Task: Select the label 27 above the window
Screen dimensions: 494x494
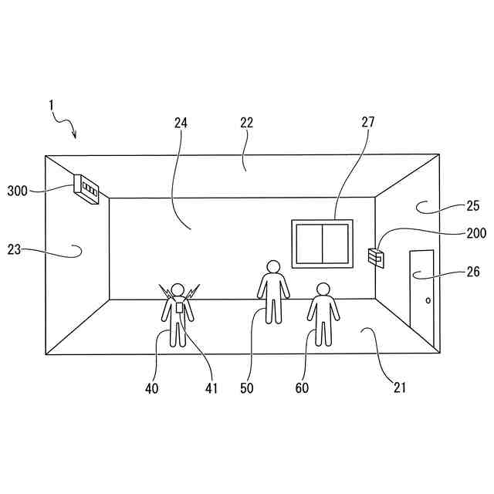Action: click(x=367, y=122)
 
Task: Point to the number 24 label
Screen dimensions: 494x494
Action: click(x=181, y=122)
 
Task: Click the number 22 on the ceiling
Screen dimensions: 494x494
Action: click(x=246, y=122)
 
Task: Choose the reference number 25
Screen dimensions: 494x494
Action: click(x=472, y=206)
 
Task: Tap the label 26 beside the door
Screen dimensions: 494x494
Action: click(x=472, y=272)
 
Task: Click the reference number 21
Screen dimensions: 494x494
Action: click(x=399, y=387)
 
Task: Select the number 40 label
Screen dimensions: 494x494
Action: click(x=151, y=387)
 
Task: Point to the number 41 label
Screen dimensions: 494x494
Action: click(x=211, y=387)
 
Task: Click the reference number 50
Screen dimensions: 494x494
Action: click(x=247, y=387)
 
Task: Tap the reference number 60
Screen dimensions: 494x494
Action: click(x=302, y=387)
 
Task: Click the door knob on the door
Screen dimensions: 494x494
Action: click(x=427, y=299)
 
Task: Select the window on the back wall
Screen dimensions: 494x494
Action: click(x=322, y=243)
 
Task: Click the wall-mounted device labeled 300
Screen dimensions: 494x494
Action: click(x=86, y=189)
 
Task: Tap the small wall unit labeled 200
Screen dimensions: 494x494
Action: click(x=377, y=256)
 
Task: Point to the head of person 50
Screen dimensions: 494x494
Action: click(x=272, y=267)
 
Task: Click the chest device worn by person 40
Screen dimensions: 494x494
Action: click(x=179, y=307)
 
